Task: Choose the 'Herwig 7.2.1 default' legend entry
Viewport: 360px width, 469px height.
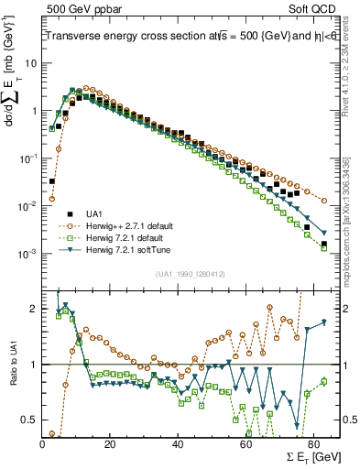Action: click(120, 235)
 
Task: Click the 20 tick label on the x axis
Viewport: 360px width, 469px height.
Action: click(110, 443)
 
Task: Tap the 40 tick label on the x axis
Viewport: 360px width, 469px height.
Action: click(178, 443)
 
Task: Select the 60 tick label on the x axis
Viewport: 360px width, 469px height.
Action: click(245, 443)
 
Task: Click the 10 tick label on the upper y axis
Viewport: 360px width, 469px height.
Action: click(30, 63)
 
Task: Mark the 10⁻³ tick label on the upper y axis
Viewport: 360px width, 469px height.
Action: click(27, 254)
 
